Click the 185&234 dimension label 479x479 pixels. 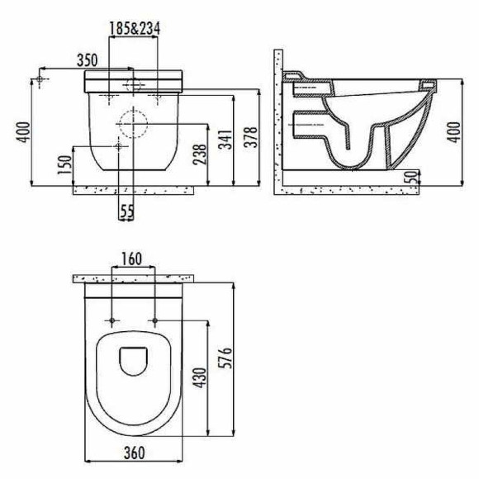click(135, 28)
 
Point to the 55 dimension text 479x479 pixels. click(126, 212)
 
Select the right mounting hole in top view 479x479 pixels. click(154, 319)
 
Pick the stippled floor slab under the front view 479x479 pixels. click(132, 189)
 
